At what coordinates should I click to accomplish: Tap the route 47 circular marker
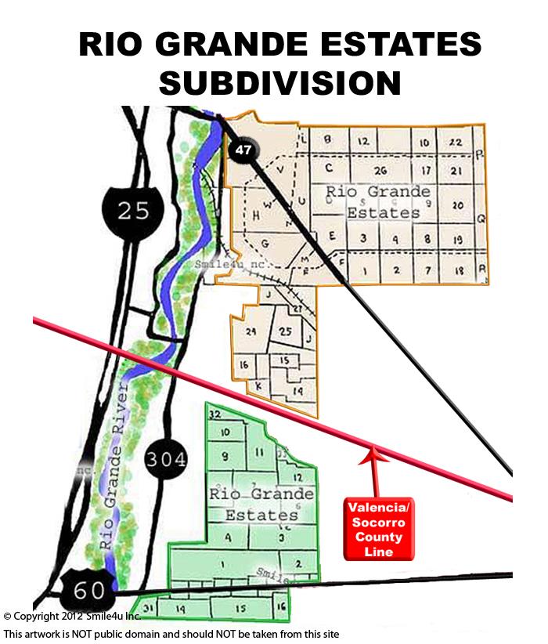242,150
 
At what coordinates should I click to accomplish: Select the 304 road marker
164,459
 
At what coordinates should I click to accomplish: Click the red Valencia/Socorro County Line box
379,530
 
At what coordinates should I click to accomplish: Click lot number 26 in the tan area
381,170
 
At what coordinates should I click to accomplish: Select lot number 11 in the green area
260,453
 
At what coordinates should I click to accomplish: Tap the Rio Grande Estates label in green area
261,505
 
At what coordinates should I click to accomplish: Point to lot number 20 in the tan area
458,205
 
